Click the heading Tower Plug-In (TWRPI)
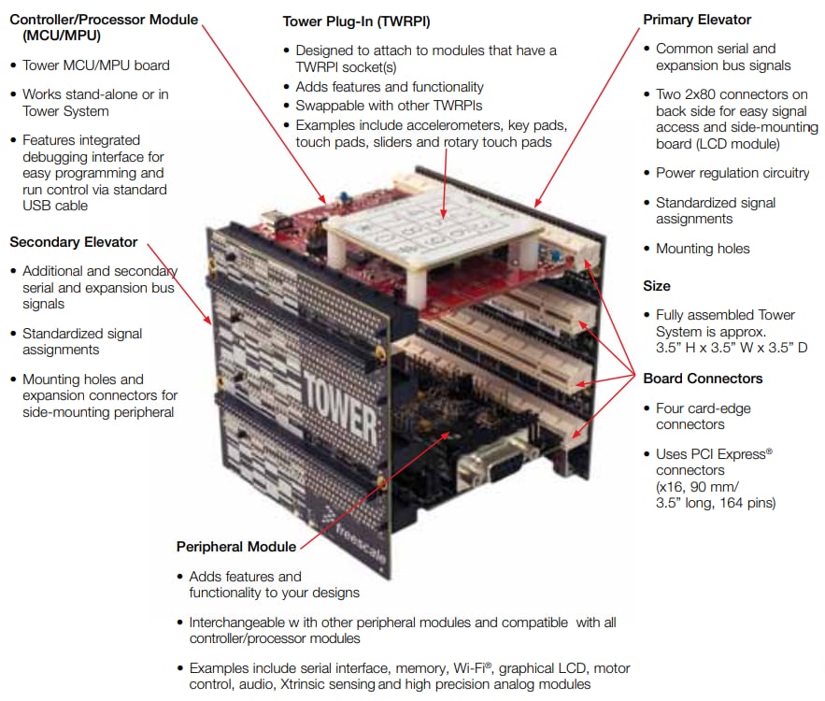(343, 21)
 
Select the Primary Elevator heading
(697, 20)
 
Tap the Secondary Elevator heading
(73, 242)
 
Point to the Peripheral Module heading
(235, 547)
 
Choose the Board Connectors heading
(703, 379)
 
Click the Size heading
(656, 286)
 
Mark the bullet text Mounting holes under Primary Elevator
(703, 249)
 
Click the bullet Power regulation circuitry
(732, 173)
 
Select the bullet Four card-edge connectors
(703, 416)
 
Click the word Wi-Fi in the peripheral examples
(473, 668)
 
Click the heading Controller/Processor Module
(104, 20)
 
